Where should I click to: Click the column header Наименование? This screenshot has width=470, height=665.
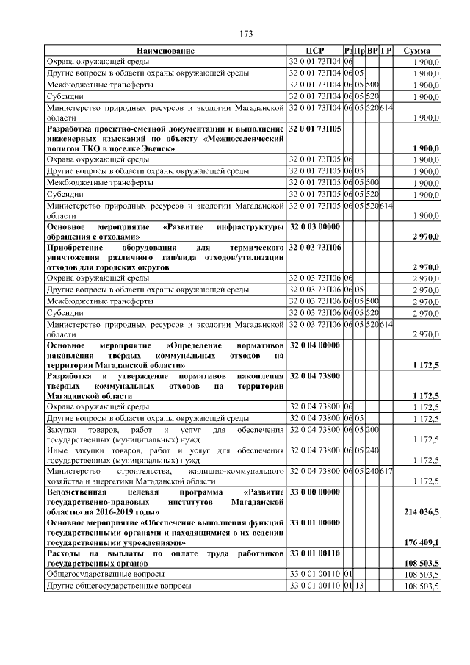[x=165, y=51]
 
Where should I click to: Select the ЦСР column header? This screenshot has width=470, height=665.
[x=314, y=51]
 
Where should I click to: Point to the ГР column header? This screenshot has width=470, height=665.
[x=386, y=51]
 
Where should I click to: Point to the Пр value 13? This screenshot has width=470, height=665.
[x=360, y=586]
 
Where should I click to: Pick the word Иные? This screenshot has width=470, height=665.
[x=57, y=450]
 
